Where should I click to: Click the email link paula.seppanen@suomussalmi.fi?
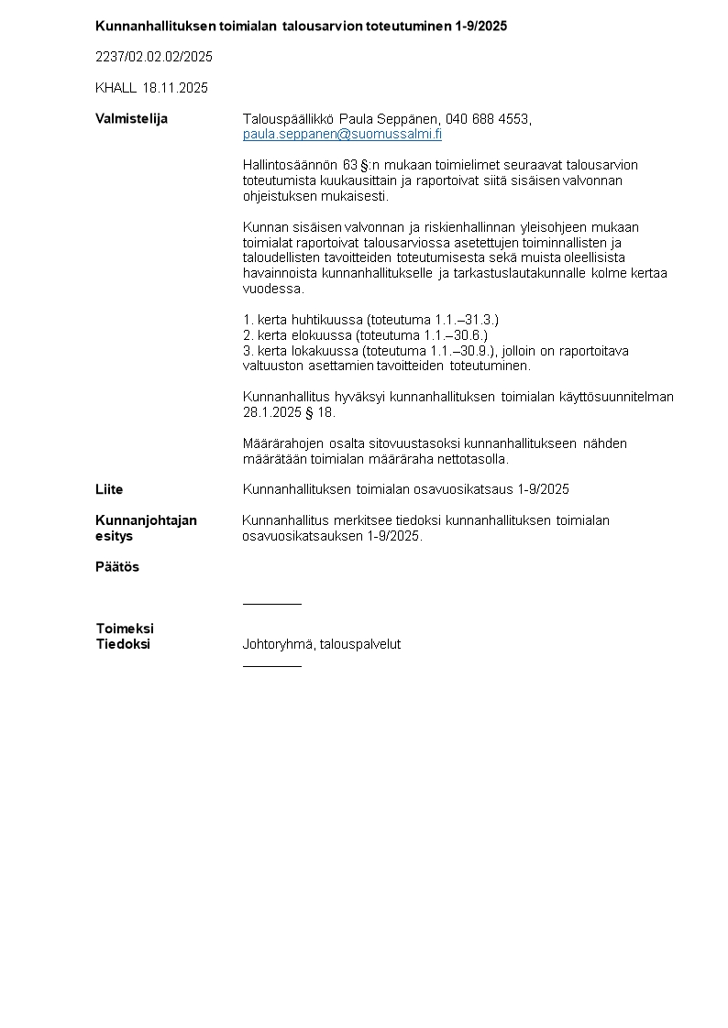tap(342, 135)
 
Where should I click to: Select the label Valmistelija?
tap(132, 119)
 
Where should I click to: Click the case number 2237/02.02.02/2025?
tap(154, 57)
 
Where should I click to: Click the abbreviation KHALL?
tap(116, 88)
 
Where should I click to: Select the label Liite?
tap(109, 489)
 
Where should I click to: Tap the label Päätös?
tap(117, 567)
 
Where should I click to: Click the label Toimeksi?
tap(125, 629)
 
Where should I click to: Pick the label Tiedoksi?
tap(123, 644)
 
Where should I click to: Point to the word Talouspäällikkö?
tap(288, 119)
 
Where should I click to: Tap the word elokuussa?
tap(322, 335)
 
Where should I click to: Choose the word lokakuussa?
tap(325, 351)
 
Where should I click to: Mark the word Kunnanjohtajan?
tap(146, 520)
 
